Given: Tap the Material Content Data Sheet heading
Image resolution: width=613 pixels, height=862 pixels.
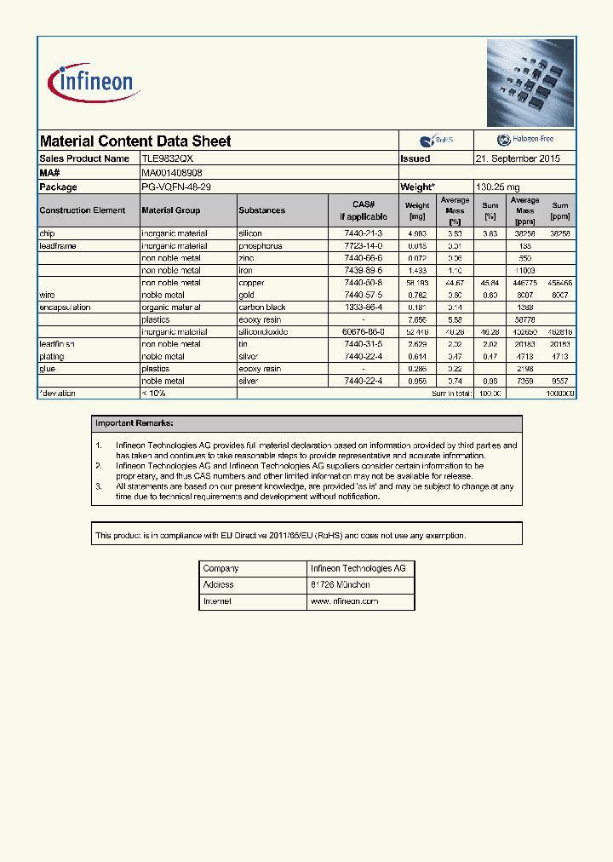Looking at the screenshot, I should pyautogui.click(x=135, y=141).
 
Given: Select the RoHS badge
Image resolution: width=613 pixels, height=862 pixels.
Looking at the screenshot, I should pyautogui.click(x=436, y=141).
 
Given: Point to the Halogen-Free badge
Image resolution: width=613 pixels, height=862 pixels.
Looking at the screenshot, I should pyautogui.click(x=524, y=140).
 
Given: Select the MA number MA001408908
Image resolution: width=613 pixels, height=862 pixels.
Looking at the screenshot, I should pyautogui.click(x=172, y=173).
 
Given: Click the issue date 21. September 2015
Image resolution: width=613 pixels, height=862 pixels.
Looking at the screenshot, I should pyautogui.click(x=518, y=158).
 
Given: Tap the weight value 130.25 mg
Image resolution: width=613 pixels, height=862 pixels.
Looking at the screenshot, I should pyautogui.click(x=497, y=187).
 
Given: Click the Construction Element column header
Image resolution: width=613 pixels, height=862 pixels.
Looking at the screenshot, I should pyautogui.click(x=83, y=210).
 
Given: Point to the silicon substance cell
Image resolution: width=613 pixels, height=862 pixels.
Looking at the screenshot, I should pyautogui.click(x=250, y=233).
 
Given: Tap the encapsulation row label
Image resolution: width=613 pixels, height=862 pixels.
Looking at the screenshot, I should pyautogui.click(x=65, y=307).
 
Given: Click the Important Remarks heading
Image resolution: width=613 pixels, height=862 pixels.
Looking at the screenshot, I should pyautogui.click(x=135, y=423).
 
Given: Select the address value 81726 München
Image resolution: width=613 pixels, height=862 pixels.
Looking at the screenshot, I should pyautogui.click(x=341, y=585).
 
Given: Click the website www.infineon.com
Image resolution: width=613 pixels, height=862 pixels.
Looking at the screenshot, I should pyautogui.click(x=345, y=601).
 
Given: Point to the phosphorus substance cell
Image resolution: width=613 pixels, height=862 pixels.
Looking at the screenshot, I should pyautogui.click(x=261, y=245).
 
